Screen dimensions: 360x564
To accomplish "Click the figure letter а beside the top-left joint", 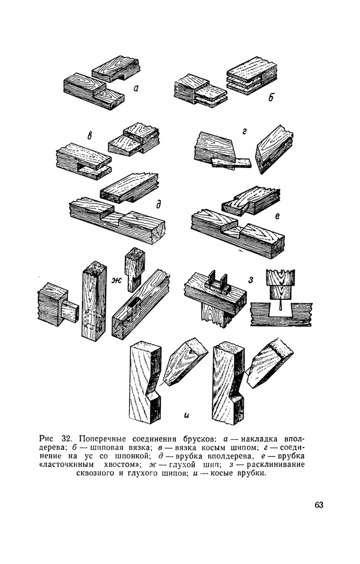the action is point(136,88).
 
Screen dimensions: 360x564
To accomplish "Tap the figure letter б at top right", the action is point(271,97).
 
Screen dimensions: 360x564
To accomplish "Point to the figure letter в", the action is point(89,136).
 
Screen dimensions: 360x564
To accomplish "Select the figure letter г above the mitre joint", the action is point(244,132).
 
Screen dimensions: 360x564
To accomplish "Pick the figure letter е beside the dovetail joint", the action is point(277,216).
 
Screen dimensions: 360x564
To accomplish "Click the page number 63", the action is point(319,505).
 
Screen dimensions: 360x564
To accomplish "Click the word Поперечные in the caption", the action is point(102,439).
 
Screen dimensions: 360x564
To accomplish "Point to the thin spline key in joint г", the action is point(231,163).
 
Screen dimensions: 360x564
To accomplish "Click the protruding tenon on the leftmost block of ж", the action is point(70,311).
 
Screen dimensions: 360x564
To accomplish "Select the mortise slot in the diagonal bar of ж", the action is point(133,305).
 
